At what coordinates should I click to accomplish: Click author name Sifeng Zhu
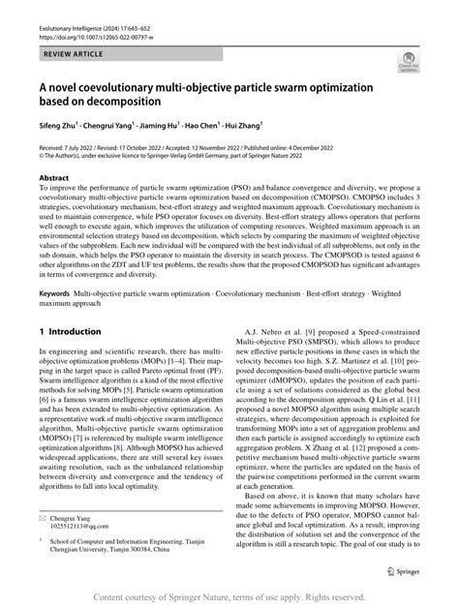point(61,125)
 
